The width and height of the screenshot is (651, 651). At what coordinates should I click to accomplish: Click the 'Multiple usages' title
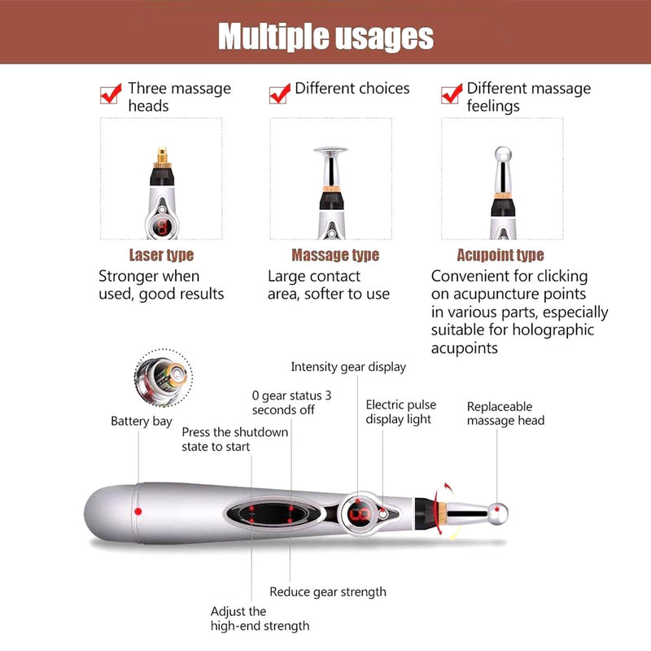(326, 37)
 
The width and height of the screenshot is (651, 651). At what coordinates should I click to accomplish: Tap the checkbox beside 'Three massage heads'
(111, 94)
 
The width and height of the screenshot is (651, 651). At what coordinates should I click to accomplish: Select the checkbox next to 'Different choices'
(280, 94)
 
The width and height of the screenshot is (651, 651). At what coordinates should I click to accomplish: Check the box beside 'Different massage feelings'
(452, 94)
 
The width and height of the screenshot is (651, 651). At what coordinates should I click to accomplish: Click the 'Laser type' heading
(161, 255)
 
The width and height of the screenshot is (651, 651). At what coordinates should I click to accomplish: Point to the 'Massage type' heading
(335, 255)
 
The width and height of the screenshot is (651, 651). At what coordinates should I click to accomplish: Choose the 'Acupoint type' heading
(500, 255)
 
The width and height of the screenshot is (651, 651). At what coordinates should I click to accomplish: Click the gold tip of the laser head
(162, 156)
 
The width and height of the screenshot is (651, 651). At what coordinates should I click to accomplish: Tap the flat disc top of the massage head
(330, 151)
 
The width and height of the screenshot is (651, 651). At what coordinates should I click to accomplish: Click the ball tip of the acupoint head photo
(503, 155)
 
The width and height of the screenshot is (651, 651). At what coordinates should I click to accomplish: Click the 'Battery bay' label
(142, 421)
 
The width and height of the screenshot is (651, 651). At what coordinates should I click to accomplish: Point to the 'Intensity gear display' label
(348, 367)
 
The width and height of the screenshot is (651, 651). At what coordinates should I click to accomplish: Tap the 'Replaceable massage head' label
(505, 413)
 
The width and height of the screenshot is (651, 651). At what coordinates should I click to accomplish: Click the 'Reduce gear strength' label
(328, 592)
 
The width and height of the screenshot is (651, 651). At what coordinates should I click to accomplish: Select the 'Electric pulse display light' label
(401, 412)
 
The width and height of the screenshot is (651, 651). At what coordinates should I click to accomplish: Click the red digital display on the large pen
(359, 515)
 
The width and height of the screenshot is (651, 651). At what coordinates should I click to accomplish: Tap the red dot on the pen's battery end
(138, 512)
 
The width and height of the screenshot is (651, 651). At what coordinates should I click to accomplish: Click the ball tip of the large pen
(497, 513)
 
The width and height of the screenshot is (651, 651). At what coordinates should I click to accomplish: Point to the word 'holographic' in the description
(553, 330)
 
